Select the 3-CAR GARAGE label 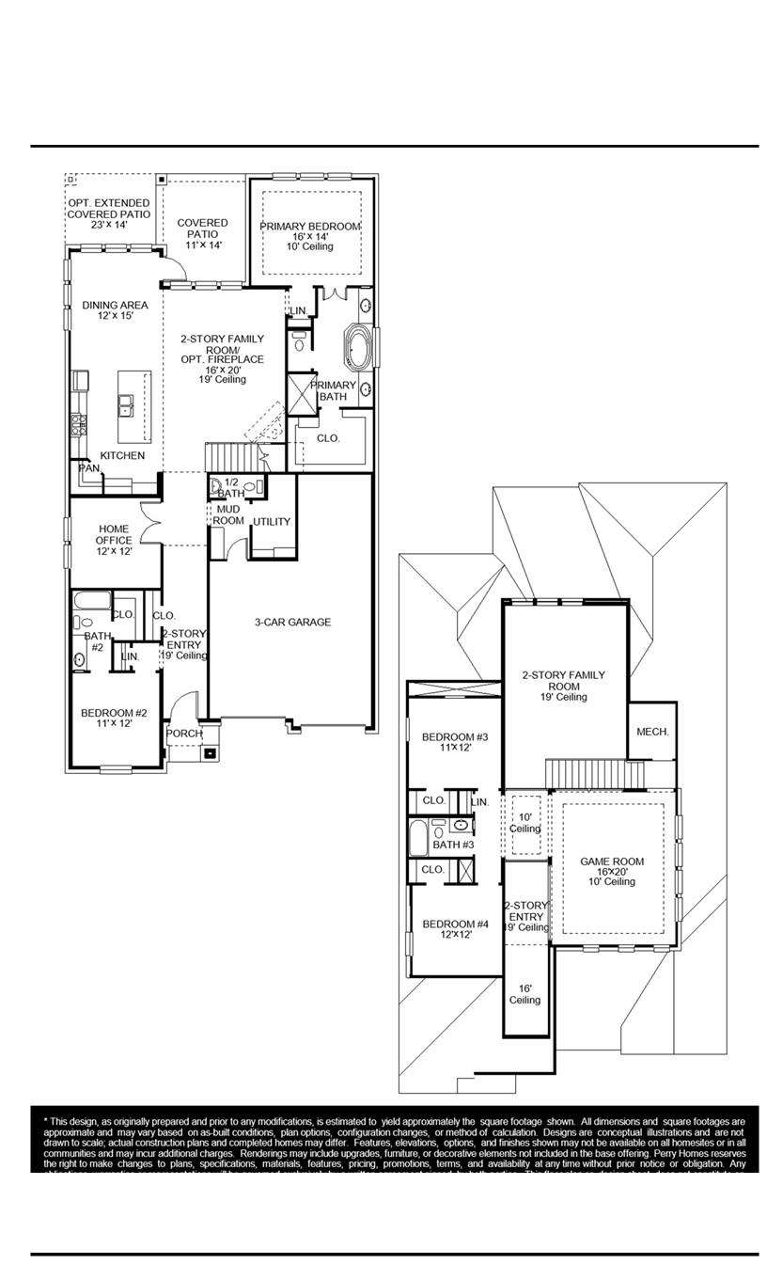click(x=292, y=622)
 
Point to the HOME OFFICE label click(x=113, y=540)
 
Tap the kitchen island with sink click(x=133, y=406)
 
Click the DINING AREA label click(x=114, y=310)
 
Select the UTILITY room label click(x=271, y=522)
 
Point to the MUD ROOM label click(x=228, y=514)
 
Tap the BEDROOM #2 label click(x=114, y=719)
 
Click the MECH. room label click(x=652, y=731)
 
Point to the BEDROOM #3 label click(x=454, y=741)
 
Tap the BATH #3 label click(x=453, y=845)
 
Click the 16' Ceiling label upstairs click(x=524, y=994)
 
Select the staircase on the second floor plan click(x=595, y=775)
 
